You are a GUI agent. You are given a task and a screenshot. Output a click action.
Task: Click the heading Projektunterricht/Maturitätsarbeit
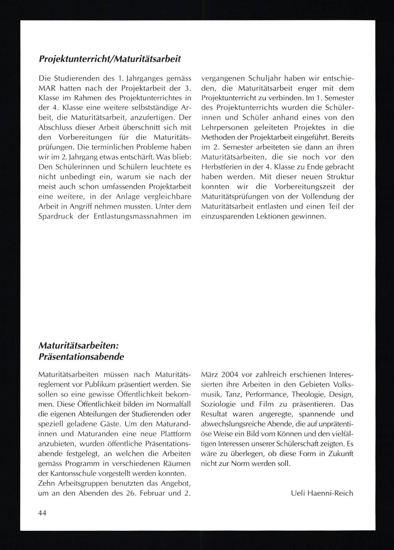110,59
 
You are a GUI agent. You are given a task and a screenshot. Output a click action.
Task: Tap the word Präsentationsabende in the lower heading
82,357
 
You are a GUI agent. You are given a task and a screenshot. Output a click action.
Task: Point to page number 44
43,513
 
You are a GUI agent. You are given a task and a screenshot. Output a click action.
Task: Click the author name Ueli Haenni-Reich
322,493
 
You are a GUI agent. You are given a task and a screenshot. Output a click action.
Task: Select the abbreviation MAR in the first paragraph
46,88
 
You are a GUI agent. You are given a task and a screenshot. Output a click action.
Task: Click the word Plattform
174,433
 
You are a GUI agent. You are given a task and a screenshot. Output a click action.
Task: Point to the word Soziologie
219,404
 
